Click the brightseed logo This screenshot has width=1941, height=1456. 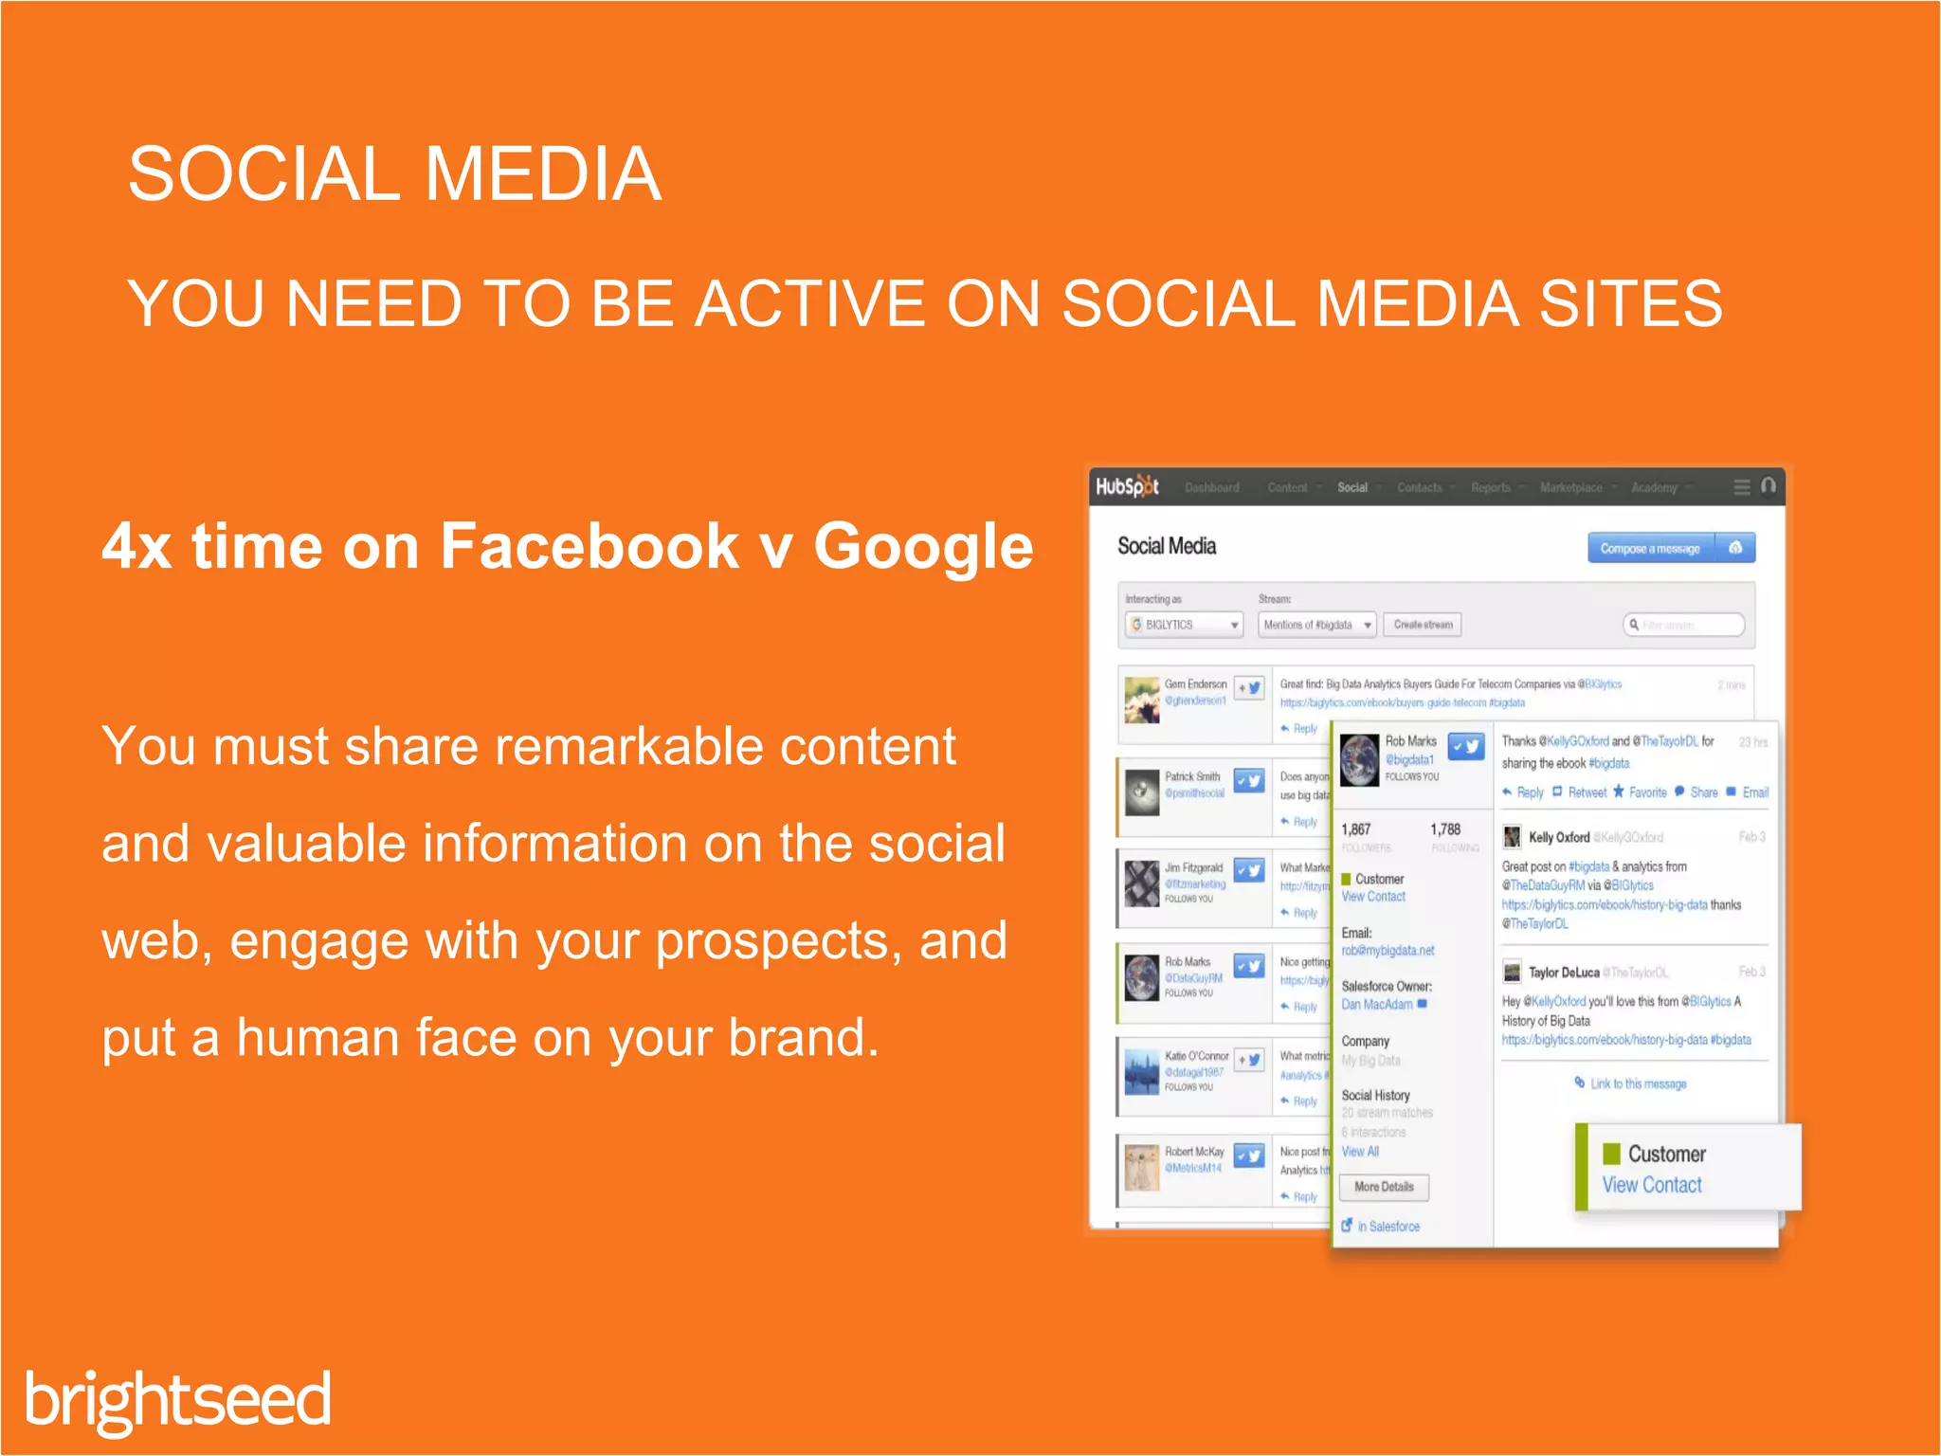(178, 1399)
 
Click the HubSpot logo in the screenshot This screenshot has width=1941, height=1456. (1127, 486)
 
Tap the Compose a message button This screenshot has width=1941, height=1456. (1650, 548)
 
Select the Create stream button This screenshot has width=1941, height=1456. (1423, 625)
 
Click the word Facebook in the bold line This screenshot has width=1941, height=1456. (589, 547)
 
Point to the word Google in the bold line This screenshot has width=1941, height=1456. (923, 547)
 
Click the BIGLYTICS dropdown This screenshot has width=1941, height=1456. (1185, 625)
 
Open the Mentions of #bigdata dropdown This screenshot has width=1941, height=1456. (1316, 625)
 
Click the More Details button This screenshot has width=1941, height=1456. (1384, 1187)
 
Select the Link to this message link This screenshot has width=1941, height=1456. (1638, 1083)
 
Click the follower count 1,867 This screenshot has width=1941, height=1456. (1356, 829)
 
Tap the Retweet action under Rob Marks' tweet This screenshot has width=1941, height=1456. (1587, 792)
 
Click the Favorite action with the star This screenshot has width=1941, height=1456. (1647, 792)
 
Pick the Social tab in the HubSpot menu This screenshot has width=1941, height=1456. (1352, 487)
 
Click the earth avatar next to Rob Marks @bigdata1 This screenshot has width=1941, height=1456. (1360, 760)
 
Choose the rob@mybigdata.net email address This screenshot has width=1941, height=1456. (1388, 951)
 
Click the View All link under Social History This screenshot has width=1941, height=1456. (1360, 1152)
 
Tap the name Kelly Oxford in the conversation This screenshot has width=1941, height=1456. (1558, 837)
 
